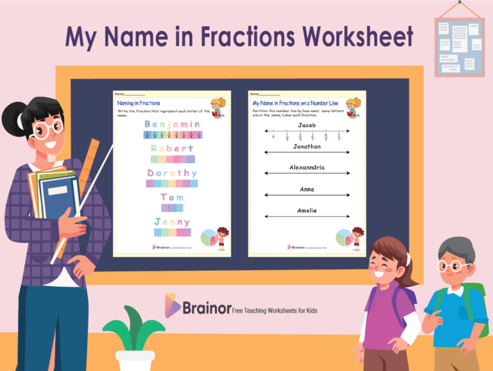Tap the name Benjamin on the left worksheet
coord(172,124)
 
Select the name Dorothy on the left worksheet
coord(172,173)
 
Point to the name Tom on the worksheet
coord(172,197)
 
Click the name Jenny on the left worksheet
coord(172,222)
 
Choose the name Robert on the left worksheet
coord(172,149)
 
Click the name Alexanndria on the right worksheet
coord(307,167)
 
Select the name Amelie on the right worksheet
coord(307,210)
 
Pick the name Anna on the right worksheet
coord(307,189)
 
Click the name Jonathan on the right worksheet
coord(307,147)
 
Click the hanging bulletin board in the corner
coord(459,46)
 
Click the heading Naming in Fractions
coord(139,103)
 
